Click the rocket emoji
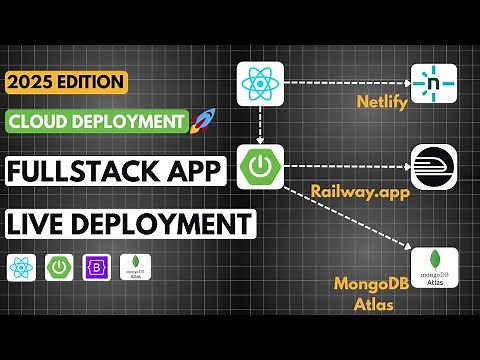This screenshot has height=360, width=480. (x=204, y=122)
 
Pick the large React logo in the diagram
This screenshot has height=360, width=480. (x=260, y=84)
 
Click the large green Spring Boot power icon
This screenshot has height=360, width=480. (x=260, y=166)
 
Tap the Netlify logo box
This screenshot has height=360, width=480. (x=433, y=84)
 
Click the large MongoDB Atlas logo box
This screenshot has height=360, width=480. (x=434, y=267)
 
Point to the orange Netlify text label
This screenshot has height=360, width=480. (x=381, y=103)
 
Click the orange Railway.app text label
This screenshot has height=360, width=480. (x=350, y=190)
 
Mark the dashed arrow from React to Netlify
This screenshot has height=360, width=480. (x=346, y=84)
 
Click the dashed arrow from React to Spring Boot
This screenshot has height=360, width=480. (x=260, y=124)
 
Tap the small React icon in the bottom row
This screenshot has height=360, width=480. (x=21, y=267)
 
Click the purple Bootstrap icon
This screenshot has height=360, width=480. (x=96, y=267)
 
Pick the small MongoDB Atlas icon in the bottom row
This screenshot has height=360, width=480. (x=135, y=267)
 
